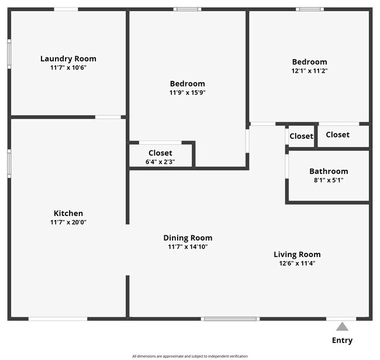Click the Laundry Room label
pyautogui.click(x=68, y=59)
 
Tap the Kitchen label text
pyautogui.click(x=68, y=213)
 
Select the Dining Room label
pyautogui.click(x=188, y=238)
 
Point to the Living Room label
pyautogui.click(x=297, y=254)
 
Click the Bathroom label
pyautogui.click(x=329, y=172)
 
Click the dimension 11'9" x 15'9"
pyautogui.click(x=188, y=92)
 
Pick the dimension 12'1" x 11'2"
pyautogui.click(x=309, y=71)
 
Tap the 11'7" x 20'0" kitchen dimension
pyautogui.click(x=68, y=222)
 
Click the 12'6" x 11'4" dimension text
pyautogui.click(x=297, y=263)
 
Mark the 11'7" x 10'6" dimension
pyautogui.click(x=68, y=67)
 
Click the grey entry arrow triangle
pyautogui.click(x=342, y=327)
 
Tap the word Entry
pyautogui.click(x=342, y=340)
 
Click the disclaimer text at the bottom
pyautogui.click(x=189, y=356)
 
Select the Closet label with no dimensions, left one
pyautogui.click(x=302, y=136)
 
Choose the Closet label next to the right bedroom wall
pyautogui.click(x=337, y=135)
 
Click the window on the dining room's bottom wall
pyautogui.click(x=230, y=318)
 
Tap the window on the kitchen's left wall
pyautogui.click(x=9, y=163)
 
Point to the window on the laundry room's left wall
pyautogui.click(x=9, y=54)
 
